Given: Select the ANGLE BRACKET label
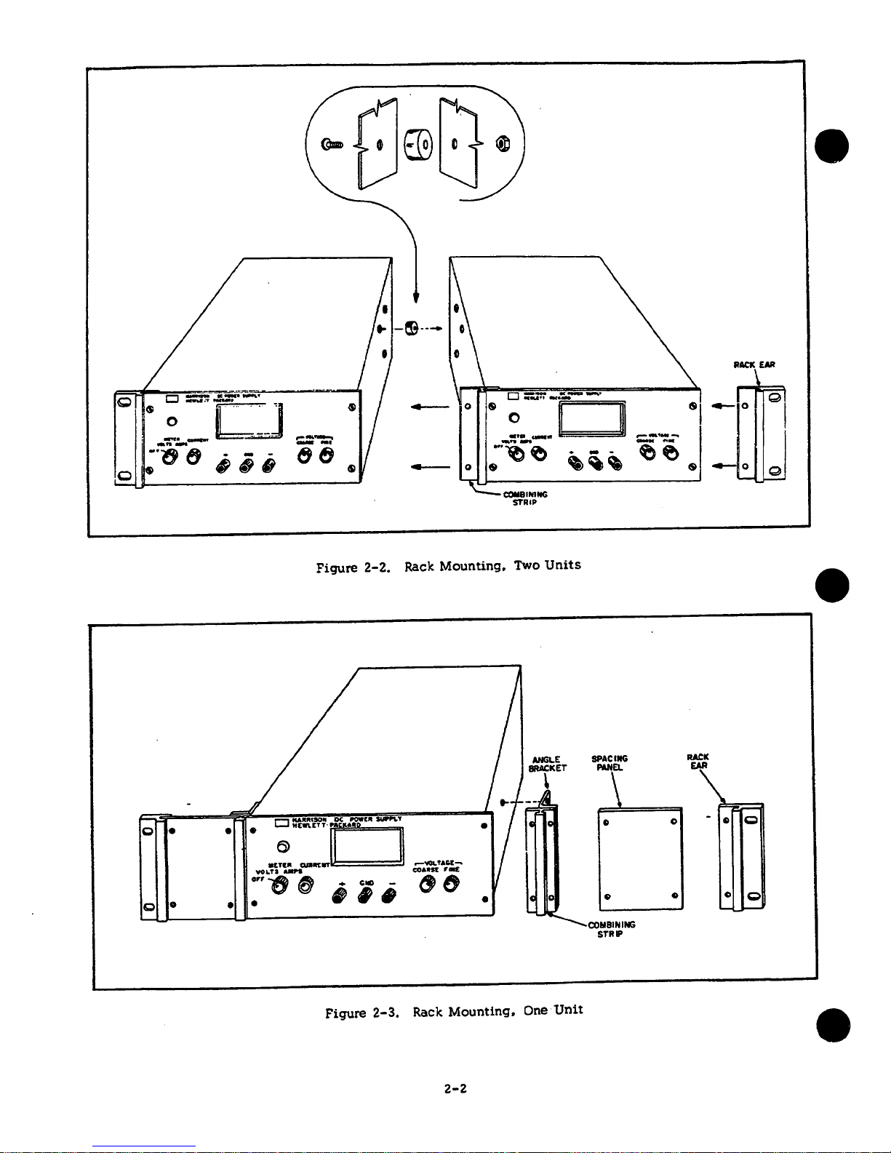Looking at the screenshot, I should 547,764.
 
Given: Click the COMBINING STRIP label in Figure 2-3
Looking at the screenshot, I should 611,929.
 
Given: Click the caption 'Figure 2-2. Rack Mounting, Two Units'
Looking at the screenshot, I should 449,566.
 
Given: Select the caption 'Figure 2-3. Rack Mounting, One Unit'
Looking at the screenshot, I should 454,1011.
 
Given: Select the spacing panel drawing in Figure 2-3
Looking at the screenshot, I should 640,858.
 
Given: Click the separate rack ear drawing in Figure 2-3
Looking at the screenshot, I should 742,857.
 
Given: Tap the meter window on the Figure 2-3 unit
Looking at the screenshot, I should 367,845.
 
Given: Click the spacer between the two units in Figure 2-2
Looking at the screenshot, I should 411,329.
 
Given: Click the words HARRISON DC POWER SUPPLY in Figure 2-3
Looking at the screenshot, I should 346,819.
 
